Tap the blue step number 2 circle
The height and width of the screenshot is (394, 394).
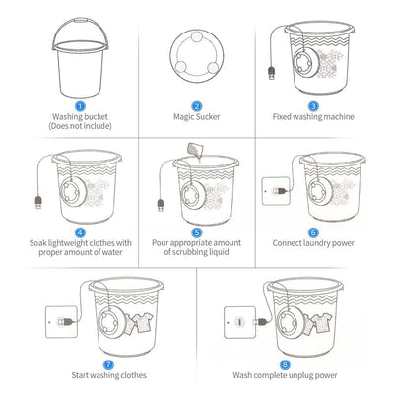(197, 105)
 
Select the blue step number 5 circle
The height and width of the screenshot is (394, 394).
(197, 231)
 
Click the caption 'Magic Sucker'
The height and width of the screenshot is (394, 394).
(197, 116)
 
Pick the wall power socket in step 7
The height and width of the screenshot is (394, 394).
(49, 318)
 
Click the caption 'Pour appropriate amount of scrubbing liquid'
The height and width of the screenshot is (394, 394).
(197, 248)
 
